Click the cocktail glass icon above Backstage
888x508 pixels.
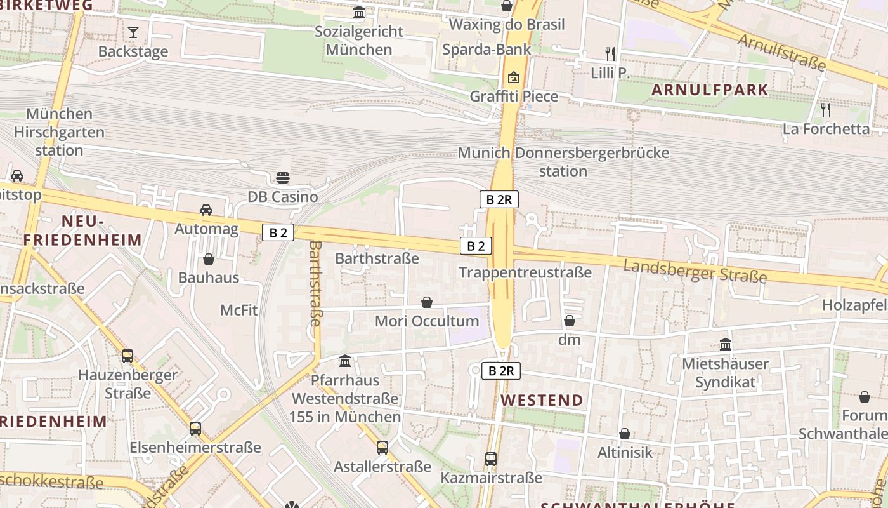[133, 32]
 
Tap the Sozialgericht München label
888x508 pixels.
[359, 40]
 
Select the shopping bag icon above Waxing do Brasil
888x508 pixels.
[507, 6]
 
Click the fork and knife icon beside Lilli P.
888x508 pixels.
[610, 54]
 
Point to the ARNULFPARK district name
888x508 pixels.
[710, 90]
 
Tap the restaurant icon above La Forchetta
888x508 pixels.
[826, 109]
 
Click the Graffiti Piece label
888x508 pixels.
[514, 97]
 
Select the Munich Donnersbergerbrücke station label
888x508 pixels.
[563, 162]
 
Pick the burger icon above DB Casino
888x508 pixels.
[283, 178]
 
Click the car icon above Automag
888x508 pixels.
[206, 210]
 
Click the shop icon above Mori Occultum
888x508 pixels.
[427, 302]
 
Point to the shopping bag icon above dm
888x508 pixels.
[570, 321]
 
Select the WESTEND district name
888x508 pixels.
[542, 400]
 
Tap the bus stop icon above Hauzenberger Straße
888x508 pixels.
[127, 356]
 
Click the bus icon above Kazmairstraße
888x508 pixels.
[491, 458]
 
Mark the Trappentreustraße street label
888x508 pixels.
[525, 272]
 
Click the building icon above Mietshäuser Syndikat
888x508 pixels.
[726, 345]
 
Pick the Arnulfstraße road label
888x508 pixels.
[782, 51]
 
